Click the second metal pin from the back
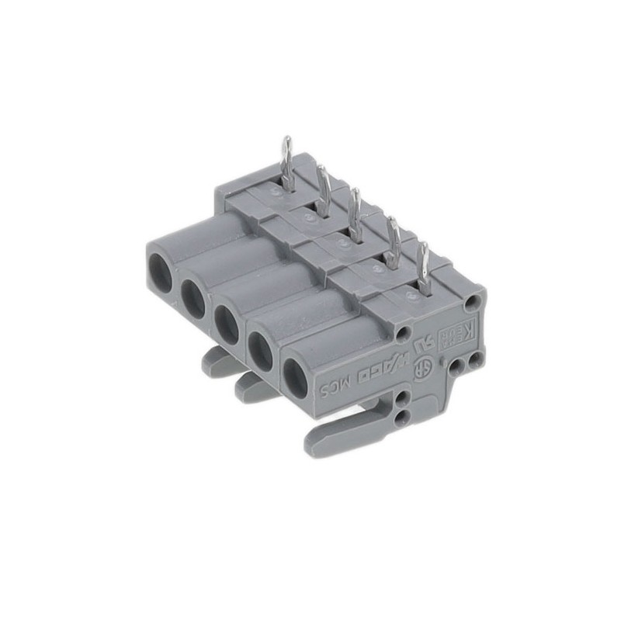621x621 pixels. [x=322, y=186]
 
